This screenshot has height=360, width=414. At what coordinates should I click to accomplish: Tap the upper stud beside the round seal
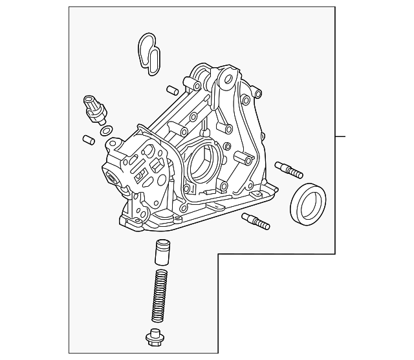click(x=288, y=169)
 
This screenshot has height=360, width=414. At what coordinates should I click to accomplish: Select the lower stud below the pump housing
click(x=255, y=221)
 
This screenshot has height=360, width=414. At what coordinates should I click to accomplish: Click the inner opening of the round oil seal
click(x=309, y=202)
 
